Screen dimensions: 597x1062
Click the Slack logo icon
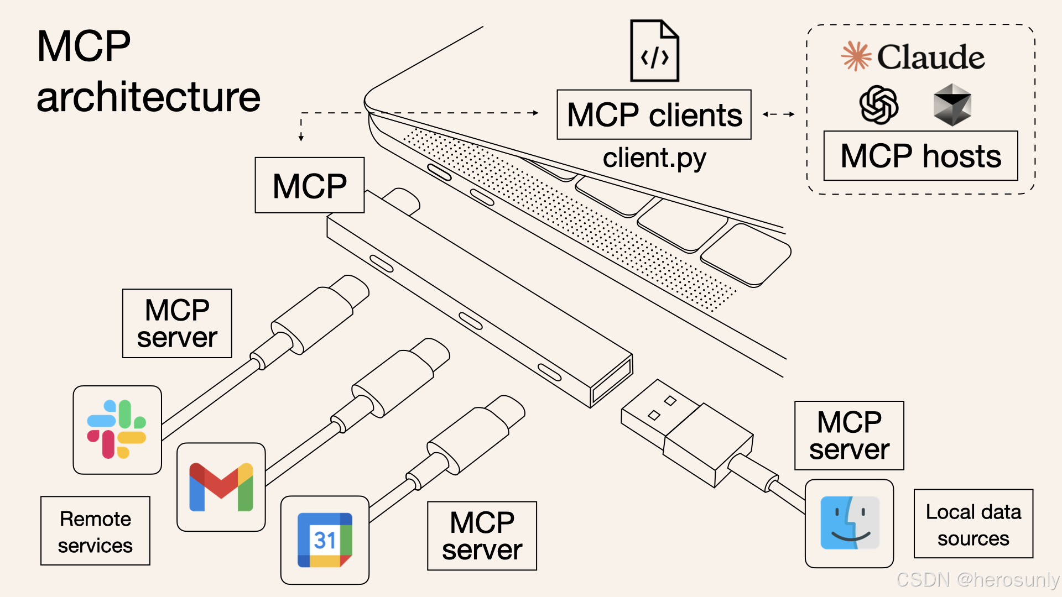click(x=117, y=430)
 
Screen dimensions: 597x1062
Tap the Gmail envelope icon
click(x=221, y=487)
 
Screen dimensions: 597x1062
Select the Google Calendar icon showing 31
click(x=325, y=540)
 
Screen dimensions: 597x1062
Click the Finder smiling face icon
click(x=849, y=523)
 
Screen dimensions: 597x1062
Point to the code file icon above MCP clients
click(x=654, y=51)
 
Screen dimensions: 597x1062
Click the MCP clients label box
click(x=654, y=115)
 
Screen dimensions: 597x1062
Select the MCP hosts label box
click(x=920, y=156)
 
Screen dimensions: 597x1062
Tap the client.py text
click(x=654, y=158)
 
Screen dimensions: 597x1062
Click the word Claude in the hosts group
click(x=930, y=57)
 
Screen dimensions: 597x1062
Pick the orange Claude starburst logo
click(x=856, y=56)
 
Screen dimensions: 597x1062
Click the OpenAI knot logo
click(x=878, y=105)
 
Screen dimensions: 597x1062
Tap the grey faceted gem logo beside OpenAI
click(x=952, y=105)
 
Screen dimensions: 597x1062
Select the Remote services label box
click(x=95, y=531)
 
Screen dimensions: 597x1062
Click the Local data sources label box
click(x=973, y=523)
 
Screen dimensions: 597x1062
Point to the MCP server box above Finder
click(x=849, y=436)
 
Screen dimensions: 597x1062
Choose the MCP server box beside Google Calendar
click(x=482, y=536)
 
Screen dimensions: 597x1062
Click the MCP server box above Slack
click(x=177, y=323)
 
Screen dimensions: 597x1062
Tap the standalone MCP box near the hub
click(x=309, y=185)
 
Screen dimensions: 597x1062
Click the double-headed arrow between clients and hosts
click(x=778, y=114)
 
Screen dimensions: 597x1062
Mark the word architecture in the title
click(x=148, y=97)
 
